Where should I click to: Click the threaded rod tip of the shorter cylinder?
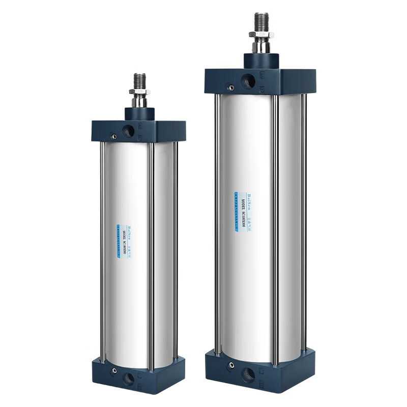click(139, 80)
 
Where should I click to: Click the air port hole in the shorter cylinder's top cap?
click(128, 131)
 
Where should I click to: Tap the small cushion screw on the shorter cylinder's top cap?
click(114, 136)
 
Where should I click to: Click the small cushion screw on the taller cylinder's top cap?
click(231, 88)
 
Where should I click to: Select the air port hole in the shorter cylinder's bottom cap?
click(128, 378)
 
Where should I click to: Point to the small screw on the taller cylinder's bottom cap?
click(231, 365)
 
